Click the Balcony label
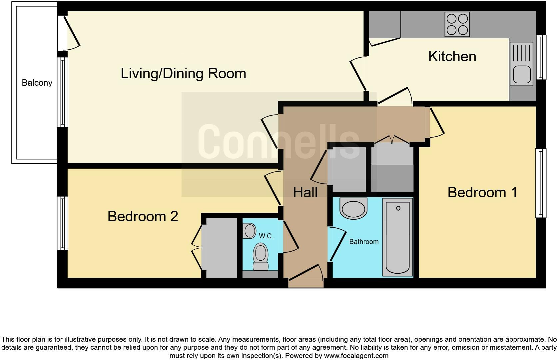coord(37,83)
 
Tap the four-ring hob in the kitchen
coord(457,24)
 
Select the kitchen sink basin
coord(521,74)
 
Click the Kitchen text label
coord(452,56)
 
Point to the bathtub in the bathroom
coord(398,237)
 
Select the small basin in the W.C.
coord(249,231)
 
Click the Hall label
coord(305,192)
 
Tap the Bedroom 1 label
coord(482,192)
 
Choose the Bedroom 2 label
coord(143,216)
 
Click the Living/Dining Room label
coord(183,73)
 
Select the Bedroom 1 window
coord(540,183)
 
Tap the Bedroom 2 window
coord(62,223)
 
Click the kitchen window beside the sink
coord(541,57)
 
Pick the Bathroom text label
coord(364,242)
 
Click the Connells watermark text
coord(278,142)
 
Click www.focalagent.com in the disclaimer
coord(356,356)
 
